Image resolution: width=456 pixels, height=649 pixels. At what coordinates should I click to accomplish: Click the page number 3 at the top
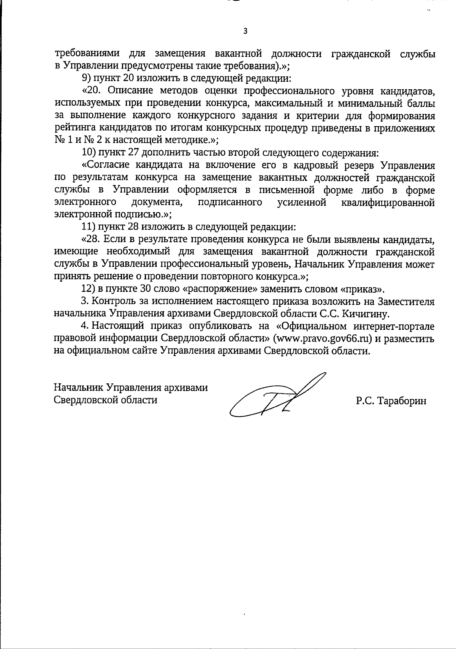tap(245, 31)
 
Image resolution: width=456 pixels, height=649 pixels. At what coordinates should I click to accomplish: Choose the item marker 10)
tap(89, 153)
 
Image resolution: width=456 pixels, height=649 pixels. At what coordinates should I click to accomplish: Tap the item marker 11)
tap(89, 227)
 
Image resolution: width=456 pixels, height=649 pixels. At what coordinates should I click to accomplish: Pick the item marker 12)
tap(89, 289)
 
